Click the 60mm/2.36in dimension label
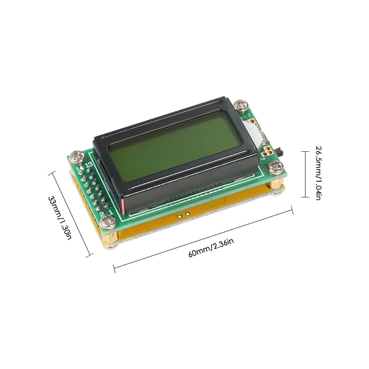pos(211,248)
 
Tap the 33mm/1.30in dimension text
pos(60,218)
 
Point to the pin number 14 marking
pos(80,168)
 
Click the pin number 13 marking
pos(89,165)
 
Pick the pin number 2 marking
pos(102,214)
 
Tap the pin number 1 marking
pos(111,212)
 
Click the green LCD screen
pos(175,145)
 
